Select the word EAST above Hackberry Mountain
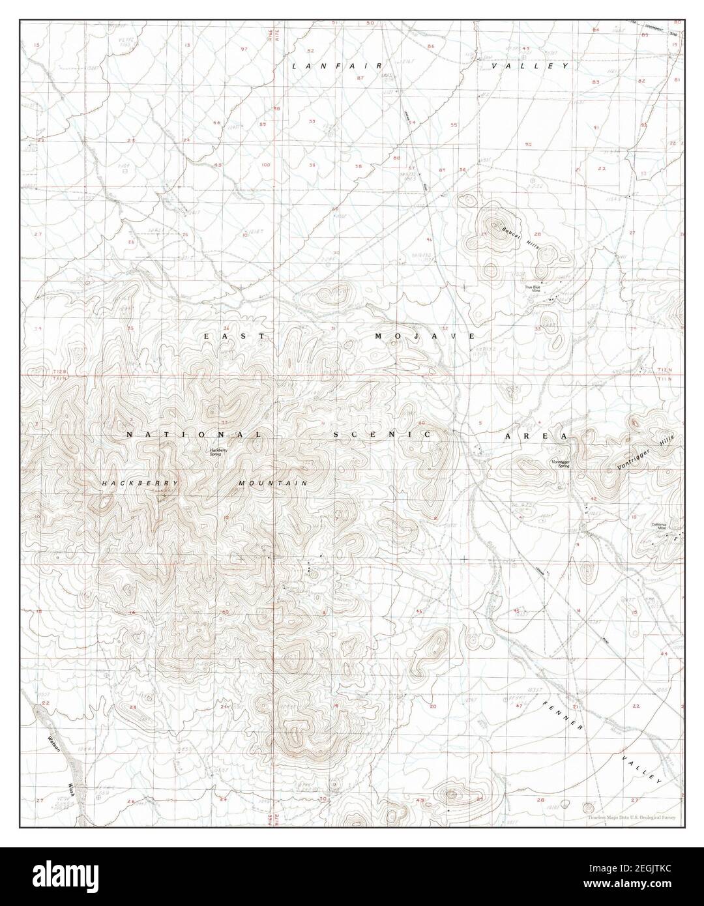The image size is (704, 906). [x=235, y=336]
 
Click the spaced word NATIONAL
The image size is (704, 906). [x=194, y=434]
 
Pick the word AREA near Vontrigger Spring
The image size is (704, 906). [x=535, y=435]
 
